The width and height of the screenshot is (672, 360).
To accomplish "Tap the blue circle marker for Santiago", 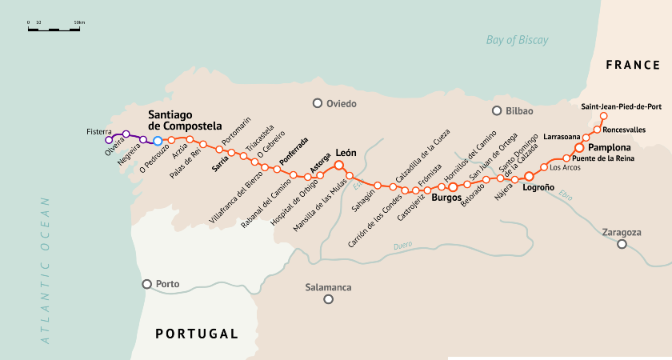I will coord(158,141).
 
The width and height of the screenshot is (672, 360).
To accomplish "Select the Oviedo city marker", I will coord(318,103).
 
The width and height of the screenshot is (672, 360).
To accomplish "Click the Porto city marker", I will coord(146,284).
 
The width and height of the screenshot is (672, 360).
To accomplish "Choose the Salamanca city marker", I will coord(328,299).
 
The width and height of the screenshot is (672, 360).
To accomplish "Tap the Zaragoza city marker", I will coord(622,244).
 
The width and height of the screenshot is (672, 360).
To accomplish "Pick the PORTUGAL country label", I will coord(197,334).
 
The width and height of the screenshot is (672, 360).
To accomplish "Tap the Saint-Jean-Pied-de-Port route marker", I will coord(603,116).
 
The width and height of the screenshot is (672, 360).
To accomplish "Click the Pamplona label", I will coord(609,148).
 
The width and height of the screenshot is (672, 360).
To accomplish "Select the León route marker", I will coord(338,166).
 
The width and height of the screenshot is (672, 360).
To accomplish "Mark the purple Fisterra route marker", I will coord(109,140).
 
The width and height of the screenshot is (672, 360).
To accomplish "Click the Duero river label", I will coord(404,246).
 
